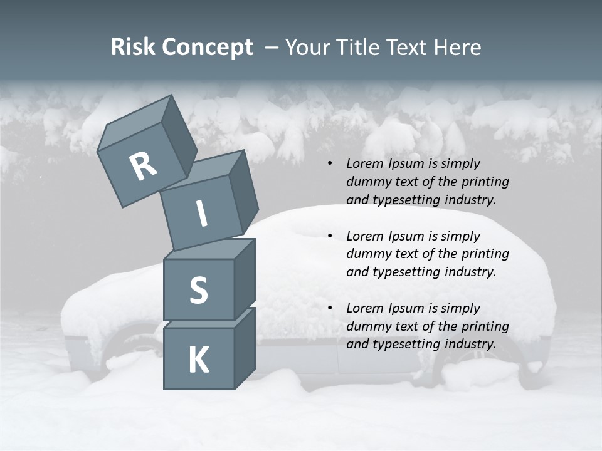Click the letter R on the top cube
tap(143, 167)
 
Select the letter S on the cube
tap(198, 290)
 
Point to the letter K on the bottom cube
tap(198, 360)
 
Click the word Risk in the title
tap(132, 48)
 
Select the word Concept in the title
tap(207, 48)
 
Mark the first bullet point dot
tap(330, 164)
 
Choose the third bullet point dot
tap(330, 309)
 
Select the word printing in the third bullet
tap(485, 326)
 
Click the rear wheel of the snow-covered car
tap(477, 366)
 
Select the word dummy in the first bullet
tap(367, 182)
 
